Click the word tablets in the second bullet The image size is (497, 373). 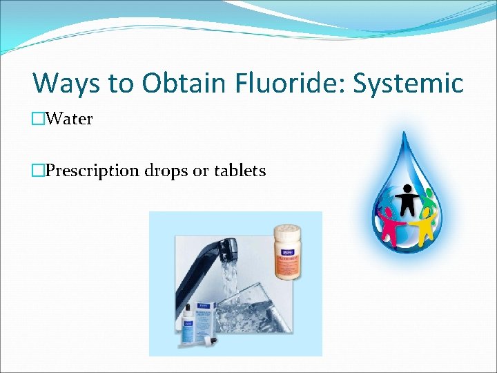[x=238, y=171]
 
